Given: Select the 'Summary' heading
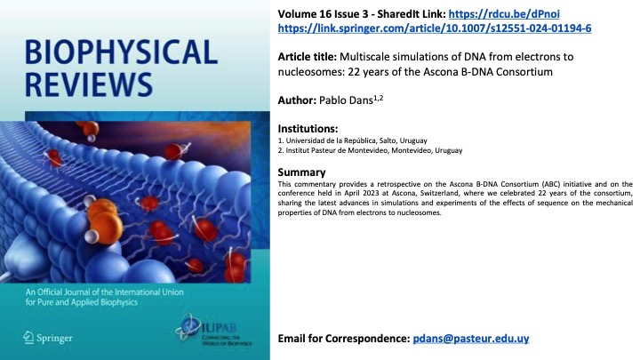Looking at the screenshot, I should click(x=304, y=172).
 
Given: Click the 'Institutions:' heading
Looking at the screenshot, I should click(x=310, y=130).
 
